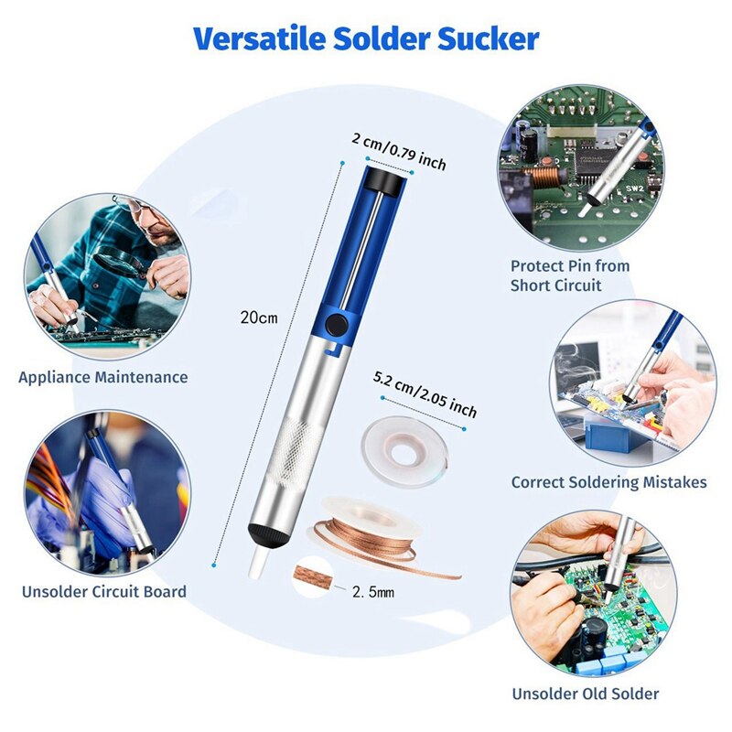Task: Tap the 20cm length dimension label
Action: point(259,318)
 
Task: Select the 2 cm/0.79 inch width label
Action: point(399,152)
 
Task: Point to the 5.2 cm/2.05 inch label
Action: point(425,394)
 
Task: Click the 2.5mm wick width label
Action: point(373,592)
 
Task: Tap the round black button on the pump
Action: point(337,324)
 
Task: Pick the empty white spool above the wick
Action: point(404,452)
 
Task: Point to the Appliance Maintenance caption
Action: point(103,377)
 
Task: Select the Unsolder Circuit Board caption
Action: point(104,591)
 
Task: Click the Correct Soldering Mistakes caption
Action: point(609,482)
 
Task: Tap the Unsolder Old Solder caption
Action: point(586,694)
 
